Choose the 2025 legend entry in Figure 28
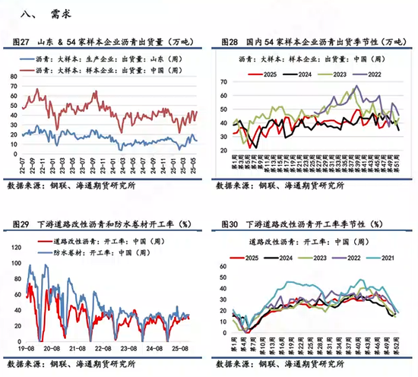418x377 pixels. [263, 73]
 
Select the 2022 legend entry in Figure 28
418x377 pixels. [372, 73]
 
